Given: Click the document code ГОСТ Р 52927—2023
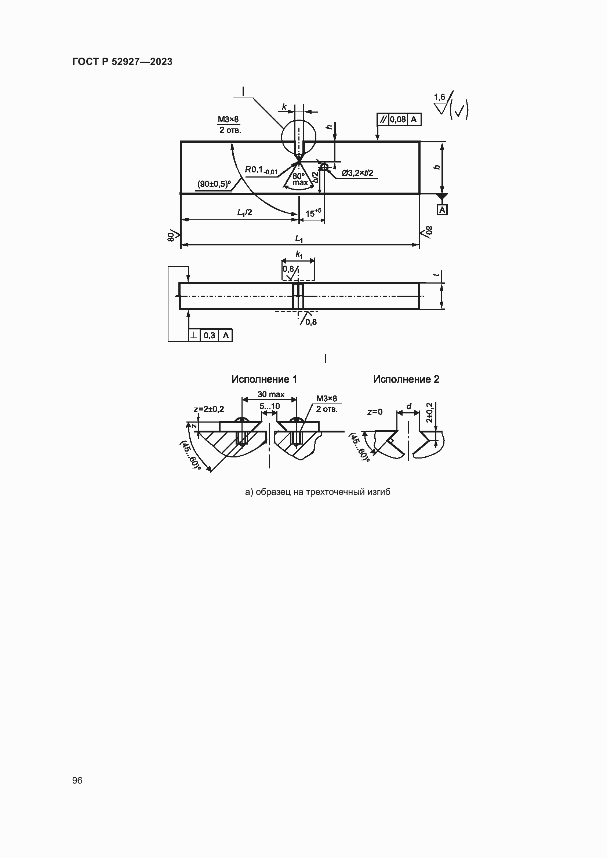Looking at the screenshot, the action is coord(122,62).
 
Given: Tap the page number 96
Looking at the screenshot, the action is coord(77,780).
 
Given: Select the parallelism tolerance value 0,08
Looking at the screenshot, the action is coord(398,119).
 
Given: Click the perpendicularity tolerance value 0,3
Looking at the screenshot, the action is coord(209,335).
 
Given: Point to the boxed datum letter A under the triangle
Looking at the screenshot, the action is coord(442,210).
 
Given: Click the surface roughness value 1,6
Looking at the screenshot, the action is coord(440,97).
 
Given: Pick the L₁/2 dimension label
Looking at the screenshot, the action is coord(244,213).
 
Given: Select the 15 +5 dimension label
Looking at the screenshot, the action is coord(313,213).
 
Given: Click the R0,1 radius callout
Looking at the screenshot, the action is coord(261,170).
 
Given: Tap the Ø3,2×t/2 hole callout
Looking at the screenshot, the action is coord(357,173).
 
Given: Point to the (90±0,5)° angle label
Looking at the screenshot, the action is coord(214,184).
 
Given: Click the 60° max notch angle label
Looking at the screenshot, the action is coord(300,179).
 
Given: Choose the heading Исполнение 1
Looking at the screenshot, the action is coord(264,379).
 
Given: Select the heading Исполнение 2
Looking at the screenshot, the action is coord(406,379).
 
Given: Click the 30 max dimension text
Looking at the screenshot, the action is coord(271,394).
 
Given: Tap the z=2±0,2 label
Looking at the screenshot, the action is coord(209,409).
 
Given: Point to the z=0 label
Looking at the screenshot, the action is coord(375,412).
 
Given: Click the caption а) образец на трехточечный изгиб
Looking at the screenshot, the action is coord(318,492).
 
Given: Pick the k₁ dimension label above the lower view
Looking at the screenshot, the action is coord(299,255).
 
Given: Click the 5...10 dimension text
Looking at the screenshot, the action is coord(270,406).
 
